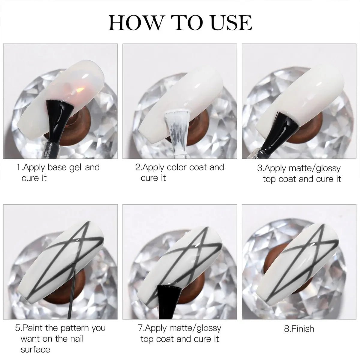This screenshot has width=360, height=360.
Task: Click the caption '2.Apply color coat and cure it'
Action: tap(179, 172)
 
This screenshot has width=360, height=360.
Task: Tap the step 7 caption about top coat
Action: tap(180, 333)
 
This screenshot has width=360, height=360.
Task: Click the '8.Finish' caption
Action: tap(299, 328)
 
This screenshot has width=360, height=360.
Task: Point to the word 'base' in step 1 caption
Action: tap(58, 167)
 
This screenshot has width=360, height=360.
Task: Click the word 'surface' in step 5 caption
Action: tap(35, 349)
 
